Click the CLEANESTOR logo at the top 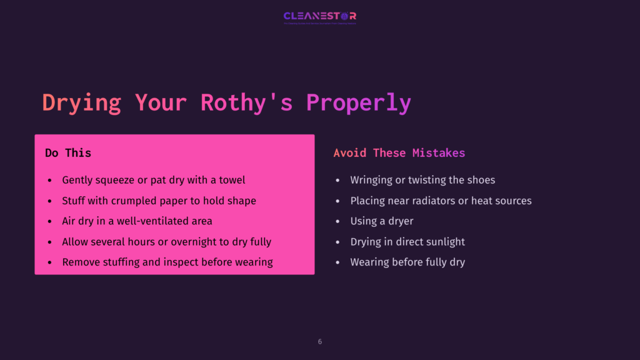pyautogui.click(x=319, y=17)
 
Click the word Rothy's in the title pyautogui.click(x=246, y=102)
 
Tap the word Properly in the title pyautogui.click(x=358, y=102)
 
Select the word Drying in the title pyautogui.click(x=81, y=102)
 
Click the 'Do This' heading pyautogui.click(x=68, y=153)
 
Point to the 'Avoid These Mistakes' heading pyautogui.click(x=399, y=153)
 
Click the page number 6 pyautogui.click(x=320, y=342)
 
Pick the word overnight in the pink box pyautogui.click(x=190, y=242)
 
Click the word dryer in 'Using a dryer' pyautogui.click(x=401, y=221)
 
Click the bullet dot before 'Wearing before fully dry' pyautogui.click(x=337, y=262)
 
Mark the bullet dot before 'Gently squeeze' pyautogui.click(x=49, y=181)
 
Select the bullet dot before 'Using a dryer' pyautogui.click(x=337, y=221)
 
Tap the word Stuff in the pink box pyautogui.click(x=74, y=201)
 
